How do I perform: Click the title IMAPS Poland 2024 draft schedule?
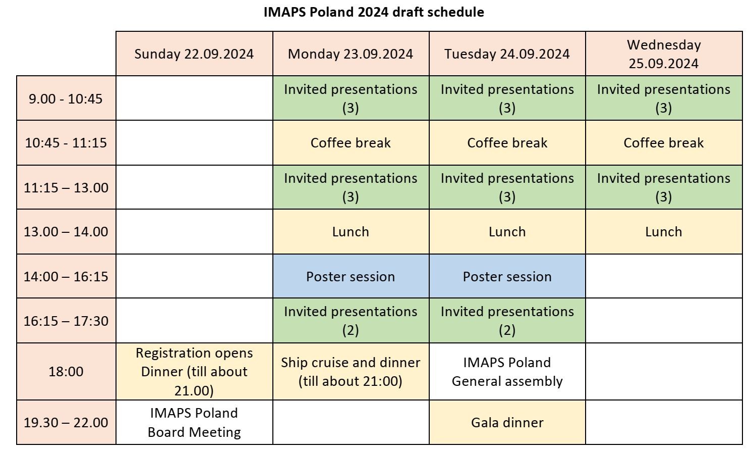point(374,12)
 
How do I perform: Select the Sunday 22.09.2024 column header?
point(194,54)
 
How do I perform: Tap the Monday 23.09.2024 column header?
point(351,54)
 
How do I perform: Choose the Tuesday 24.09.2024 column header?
point(507,54)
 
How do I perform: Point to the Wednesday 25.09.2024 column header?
point(664,54)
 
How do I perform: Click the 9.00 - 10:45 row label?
point(66,98)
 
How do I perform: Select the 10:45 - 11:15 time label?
point(66,143)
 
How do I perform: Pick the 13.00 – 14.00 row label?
point(66,232)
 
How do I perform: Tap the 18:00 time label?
point(66,371)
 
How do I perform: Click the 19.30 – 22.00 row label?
point(66,423)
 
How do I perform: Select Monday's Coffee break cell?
point(351,143)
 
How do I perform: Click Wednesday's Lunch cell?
point(664,232)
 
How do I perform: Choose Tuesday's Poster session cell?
point(507,276)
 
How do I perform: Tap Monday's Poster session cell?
point(351,276)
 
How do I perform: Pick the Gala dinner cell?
point(507,423)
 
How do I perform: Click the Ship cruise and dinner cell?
point(351,371)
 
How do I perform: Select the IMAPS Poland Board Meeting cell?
point(194,423)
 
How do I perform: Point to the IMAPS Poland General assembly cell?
point(507,371)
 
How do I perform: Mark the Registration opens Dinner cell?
point(194,371)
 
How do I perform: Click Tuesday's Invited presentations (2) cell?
point(507,321)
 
